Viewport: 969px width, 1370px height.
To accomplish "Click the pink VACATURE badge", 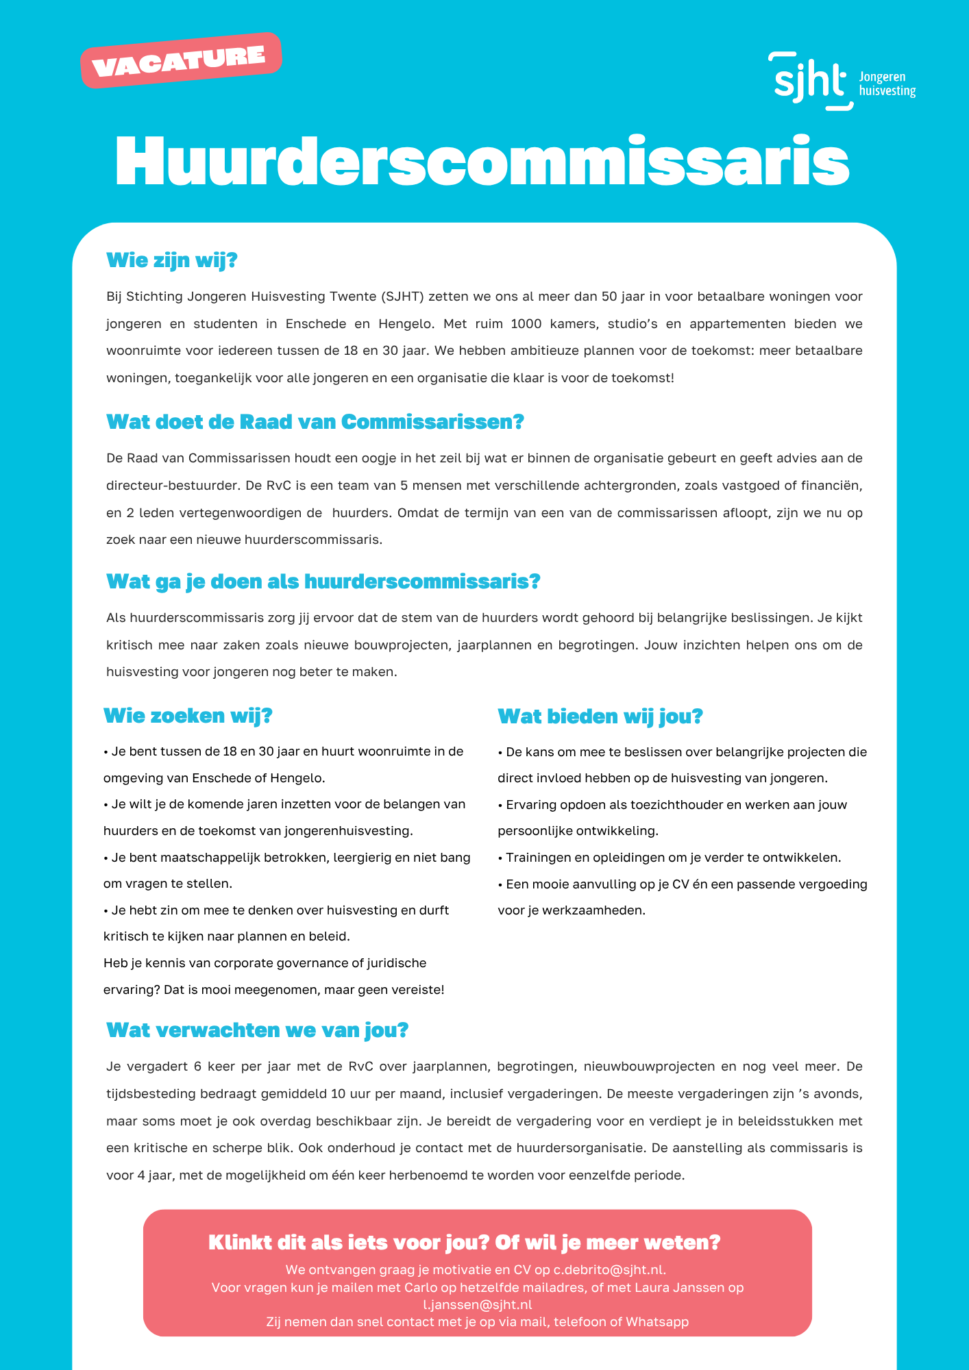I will pos(180,60).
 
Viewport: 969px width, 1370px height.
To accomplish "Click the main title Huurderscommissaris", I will pos(482,162).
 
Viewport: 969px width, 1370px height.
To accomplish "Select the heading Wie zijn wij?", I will pos(171,260).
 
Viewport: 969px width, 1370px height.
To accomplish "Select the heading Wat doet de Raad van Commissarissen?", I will pos(315,421).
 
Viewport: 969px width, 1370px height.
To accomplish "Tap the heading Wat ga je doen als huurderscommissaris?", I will pos(323,582).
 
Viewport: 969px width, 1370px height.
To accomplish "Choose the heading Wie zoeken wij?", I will pos(188,716).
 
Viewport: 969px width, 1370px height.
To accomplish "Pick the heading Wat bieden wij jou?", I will pos(600,717).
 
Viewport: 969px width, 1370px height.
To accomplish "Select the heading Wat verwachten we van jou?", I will pos(258,1030).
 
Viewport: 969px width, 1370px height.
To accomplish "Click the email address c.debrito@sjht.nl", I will pos(609,1270).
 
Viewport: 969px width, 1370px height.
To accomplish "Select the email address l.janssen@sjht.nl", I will pos(478,1304).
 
